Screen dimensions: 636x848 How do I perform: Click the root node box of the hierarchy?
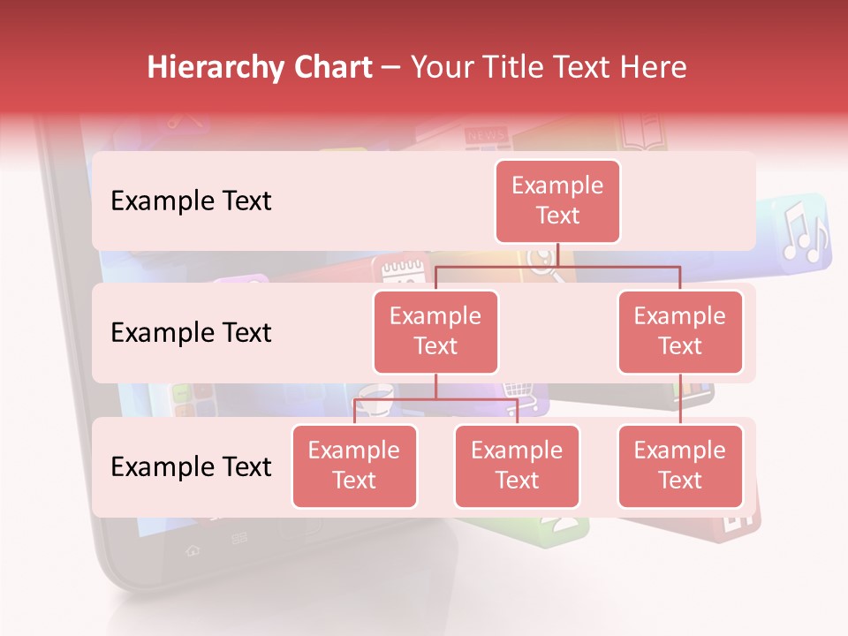point(557,201)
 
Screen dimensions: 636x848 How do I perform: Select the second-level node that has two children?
point(435,331)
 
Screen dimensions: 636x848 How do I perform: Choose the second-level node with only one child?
point(680,331)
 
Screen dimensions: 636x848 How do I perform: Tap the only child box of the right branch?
point(680,466)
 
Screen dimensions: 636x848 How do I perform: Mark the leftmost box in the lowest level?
point(354,466)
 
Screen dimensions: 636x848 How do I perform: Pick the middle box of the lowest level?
point(517,466)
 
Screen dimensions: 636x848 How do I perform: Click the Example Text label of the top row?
point(191,201)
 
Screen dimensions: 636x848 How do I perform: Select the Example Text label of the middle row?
point(191,332)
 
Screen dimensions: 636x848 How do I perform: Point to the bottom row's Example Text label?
point(191,466)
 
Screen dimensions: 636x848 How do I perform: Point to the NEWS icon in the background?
point(486,135)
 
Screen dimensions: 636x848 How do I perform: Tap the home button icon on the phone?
point(192,550)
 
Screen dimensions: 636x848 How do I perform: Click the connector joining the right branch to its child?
point(680,398)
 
